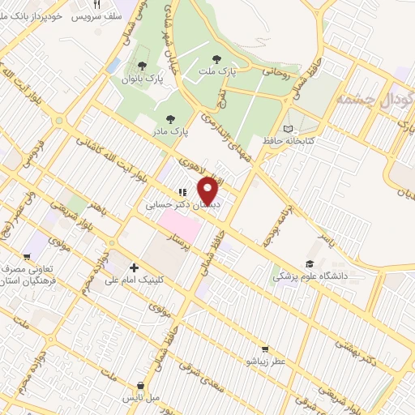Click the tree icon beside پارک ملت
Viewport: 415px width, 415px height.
pyautogui.click(x=216, y=58)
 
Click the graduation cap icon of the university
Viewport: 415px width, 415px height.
pyautogui.click(x=309, y=263)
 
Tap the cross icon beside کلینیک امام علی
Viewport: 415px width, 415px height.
pyautogui.click(x=133, y=267)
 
